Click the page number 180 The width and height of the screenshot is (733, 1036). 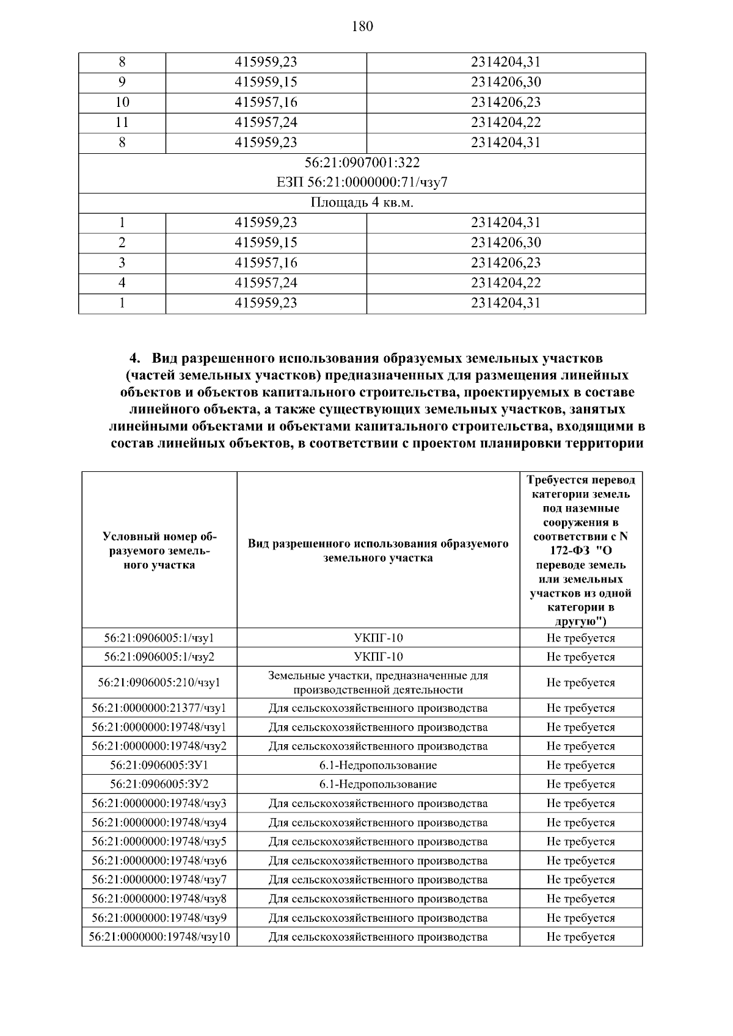coord(362,26)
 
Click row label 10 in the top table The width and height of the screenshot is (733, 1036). coord(122,103)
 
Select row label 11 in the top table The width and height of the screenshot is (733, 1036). coord(122,123)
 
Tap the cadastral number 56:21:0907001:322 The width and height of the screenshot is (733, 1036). coord(362,163)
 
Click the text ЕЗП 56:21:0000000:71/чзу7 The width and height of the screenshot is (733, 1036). coord(362,183)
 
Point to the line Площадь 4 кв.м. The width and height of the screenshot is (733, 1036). coord(362,203)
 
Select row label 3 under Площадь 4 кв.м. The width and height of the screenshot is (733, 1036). coord(122,263)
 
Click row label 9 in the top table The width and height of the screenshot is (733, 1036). coord(122,82)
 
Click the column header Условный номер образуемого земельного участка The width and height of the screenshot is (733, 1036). coord(159,551)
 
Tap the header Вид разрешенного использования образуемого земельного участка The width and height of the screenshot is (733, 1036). coord(378,551)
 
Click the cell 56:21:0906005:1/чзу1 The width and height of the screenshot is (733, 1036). coord(159,639)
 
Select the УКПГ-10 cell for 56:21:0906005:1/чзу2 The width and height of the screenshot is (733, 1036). coord(378,657)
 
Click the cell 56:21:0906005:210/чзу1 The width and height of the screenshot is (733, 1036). coord(159,683)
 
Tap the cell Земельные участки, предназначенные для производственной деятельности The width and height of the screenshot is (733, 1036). coord(378,683)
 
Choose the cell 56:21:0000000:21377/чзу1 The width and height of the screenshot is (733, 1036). coord(159,709)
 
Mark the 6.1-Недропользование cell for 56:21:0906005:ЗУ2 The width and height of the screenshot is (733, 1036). coord(378,784)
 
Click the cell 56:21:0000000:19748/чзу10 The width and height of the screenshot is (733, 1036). coord(159,937)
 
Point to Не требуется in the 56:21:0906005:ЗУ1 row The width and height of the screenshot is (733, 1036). coord(581,766)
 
